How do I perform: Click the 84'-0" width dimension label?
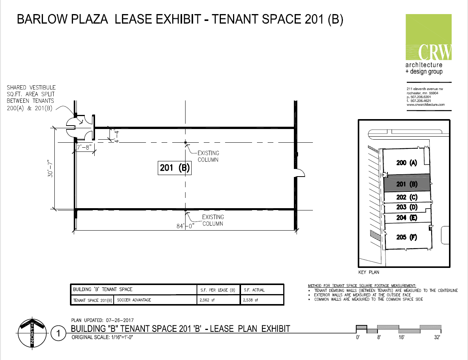(x=185, y=226)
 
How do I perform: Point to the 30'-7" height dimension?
(x=50, y=169)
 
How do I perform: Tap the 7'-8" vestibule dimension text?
(x=84, y=147)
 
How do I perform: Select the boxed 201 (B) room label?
(x=175, y=168)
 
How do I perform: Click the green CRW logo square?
(x=428, y=37)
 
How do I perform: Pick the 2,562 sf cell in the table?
(x=207, y=300)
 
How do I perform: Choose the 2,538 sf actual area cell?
(x=251, y=300)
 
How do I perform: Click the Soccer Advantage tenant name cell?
(x=134, y=300)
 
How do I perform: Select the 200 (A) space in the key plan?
(x=407, y=162)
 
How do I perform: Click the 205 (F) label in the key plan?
(x=407, y=237)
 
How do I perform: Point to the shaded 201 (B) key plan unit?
(x=407, y=183)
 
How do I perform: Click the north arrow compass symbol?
(x=32, y=333)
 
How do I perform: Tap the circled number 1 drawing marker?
(x=58, y=333)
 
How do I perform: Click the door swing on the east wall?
(x=300, y=173)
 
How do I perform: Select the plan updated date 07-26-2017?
(x=120, y=320)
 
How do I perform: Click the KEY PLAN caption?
(x=369, y=272)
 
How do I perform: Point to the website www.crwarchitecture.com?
(x=425, y=105)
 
